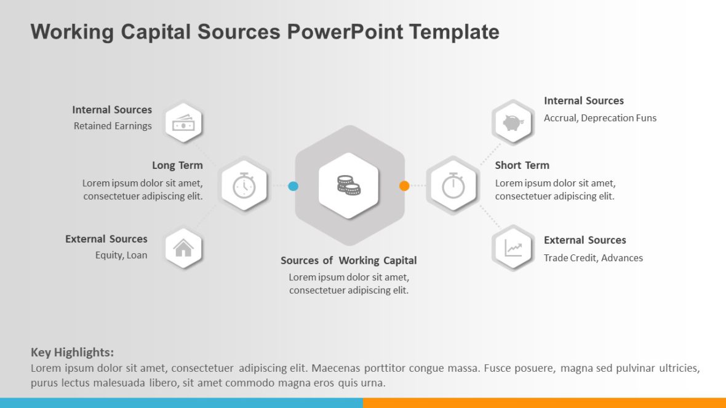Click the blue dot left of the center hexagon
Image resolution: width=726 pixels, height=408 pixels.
293,186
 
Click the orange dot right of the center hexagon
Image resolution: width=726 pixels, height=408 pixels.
404,186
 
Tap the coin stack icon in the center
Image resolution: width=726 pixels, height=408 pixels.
349,185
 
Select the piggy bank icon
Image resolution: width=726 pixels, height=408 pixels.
513,123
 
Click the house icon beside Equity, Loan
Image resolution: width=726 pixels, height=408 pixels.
183,248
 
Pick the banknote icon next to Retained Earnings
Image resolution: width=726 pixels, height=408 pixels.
183,124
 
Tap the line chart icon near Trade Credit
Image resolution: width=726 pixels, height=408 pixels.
513,248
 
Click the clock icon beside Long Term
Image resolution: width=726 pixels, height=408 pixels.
244,186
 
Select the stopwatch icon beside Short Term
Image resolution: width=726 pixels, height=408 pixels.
453,186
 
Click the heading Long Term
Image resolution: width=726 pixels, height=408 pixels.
177,165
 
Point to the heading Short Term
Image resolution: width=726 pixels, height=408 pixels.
522,165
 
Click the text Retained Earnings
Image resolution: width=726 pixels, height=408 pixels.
113,126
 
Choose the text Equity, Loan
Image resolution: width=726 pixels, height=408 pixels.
121,255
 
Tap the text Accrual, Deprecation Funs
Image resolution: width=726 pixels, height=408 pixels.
600,118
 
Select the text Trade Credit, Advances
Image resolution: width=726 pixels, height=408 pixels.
593,258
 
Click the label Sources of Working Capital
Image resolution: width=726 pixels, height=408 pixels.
348,261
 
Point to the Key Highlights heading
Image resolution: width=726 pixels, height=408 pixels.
72,353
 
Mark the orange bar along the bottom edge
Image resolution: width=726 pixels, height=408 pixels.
544,403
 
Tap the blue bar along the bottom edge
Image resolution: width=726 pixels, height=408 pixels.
181,403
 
